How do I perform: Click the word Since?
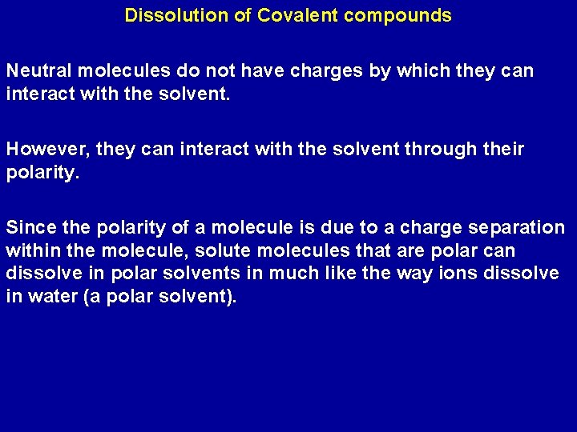(29, 228)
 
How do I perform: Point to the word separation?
(515, 228)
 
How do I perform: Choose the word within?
(30, 251)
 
